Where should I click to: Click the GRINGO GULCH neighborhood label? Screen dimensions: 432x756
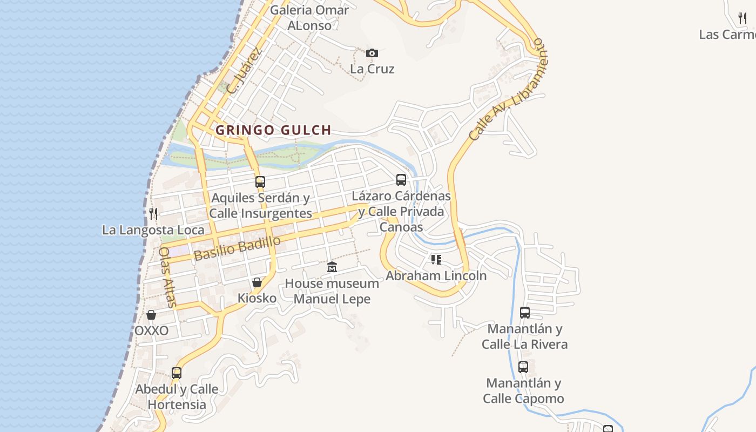point(273,130)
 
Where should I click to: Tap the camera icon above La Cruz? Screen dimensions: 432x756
point(372,53)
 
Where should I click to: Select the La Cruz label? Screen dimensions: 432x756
point(372,69)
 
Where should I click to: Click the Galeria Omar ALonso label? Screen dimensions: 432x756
point(309,17)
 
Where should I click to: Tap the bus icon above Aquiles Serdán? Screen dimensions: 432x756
point(260,182)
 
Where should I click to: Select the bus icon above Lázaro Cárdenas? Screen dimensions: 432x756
point(401,180)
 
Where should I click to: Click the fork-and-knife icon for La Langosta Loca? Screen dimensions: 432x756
point(153,213)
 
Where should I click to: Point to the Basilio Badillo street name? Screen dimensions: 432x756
point(238,248)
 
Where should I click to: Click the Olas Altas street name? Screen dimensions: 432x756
point(168,276)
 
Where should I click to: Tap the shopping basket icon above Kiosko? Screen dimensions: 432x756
point(257,282)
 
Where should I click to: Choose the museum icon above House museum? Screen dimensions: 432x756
point(332,267)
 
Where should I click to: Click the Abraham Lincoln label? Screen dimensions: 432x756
point(436,275)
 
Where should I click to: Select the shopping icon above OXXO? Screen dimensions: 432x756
point(151,314)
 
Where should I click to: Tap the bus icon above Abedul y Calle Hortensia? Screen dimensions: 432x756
point(177,373)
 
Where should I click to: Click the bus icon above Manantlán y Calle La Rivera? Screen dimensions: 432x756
point(524,312)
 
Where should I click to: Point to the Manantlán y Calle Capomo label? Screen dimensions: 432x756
point(523,391)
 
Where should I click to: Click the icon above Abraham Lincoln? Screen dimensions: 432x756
point(436,260)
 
